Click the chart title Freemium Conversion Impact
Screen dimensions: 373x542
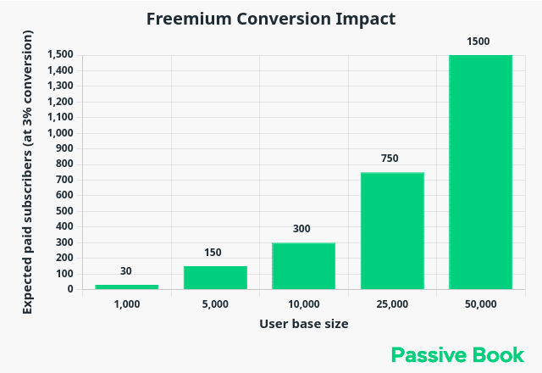click(x=271, y=19)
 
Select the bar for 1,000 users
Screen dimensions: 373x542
click(x=127, y=287)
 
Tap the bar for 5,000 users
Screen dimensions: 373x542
click(x=215, y=277)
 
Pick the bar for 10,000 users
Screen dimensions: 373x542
click(x=303, y=266)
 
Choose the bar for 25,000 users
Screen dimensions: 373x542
click(x=392, y=231)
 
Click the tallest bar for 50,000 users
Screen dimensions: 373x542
click(x=480, y=172)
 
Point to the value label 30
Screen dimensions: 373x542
click(x=126, y=271)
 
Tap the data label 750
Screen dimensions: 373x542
click(x=390, y=159)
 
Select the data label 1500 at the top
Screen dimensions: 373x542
click(x=478, y=41)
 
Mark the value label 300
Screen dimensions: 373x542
click(x=302, y=229)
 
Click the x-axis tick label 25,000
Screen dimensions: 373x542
click(x=392, y=303)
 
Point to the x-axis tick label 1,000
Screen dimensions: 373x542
click(x=127, y=303)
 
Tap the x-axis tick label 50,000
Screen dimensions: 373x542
click(x=480, y=303)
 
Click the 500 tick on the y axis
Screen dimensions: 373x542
click(x=64, y=211)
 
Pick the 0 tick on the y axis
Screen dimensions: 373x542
click(x=70, y=289)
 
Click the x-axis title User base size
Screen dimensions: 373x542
click(x=303, y=324)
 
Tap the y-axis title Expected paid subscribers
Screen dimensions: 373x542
click(x=28, y=172)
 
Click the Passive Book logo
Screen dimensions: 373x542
click(x=458, y=354)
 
